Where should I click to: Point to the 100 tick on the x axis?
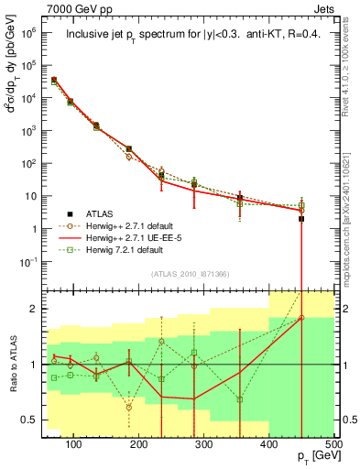74,444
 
